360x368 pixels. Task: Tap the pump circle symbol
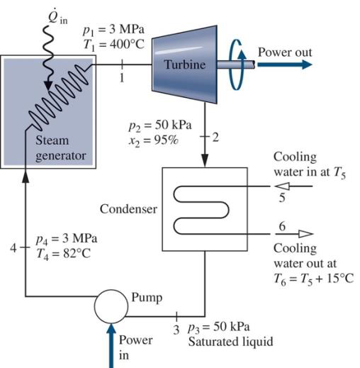(111, 306)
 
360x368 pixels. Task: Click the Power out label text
(284, 52)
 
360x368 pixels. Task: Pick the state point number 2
(215, 136)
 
